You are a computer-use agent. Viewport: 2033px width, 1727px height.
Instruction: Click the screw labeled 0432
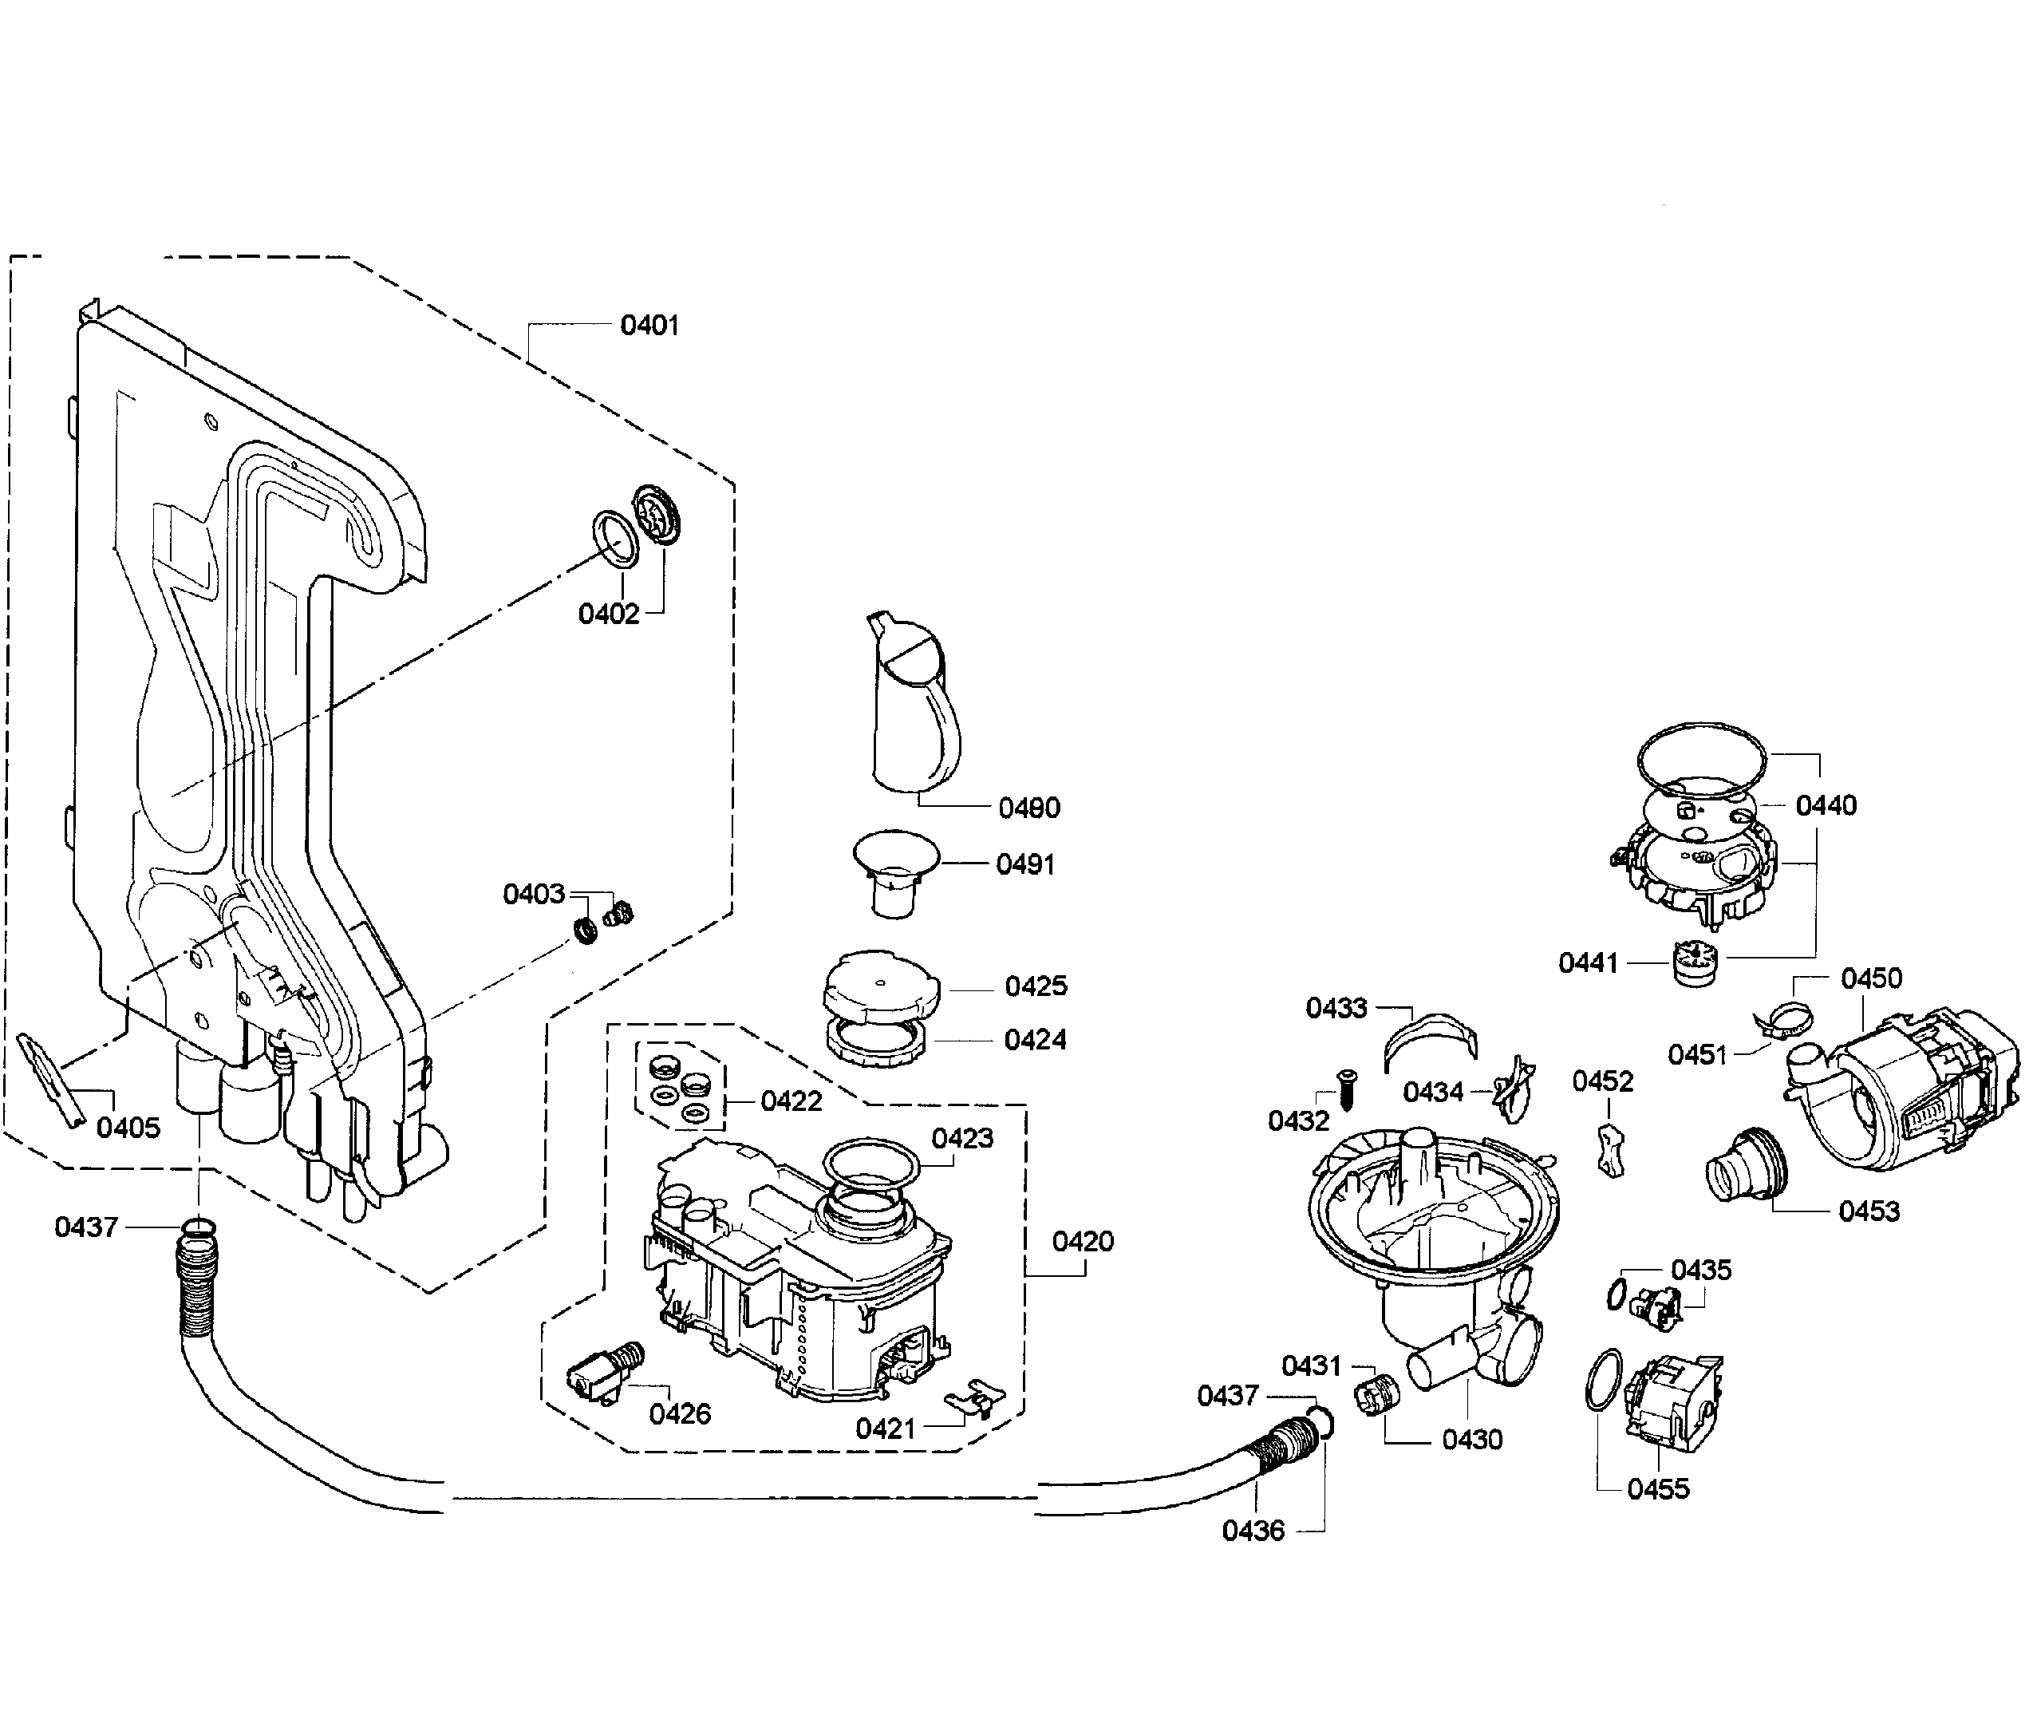[x=1343, y=1088]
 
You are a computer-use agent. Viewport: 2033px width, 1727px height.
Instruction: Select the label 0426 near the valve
[x=679, y=1413]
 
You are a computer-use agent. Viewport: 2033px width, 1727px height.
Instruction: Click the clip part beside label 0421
[x=974, y=1397]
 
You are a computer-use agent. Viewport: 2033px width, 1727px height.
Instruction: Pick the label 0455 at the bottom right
[x=1657, y=1489]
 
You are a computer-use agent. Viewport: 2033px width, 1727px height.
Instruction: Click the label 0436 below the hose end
[x=1252, y=1530]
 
